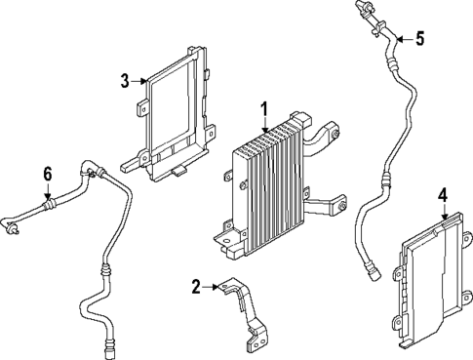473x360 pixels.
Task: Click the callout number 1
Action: pos(263,107)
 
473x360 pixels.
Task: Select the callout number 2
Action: pos(196,286)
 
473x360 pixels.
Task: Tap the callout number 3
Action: pos(125,80)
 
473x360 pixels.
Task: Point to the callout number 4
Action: pos(442,195)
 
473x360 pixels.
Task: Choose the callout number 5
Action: pos(419,39)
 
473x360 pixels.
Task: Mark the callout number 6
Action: pos(46,173)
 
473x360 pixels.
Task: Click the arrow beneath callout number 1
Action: pos(263,123)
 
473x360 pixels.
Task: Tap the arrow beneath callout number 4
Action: pos(442,213)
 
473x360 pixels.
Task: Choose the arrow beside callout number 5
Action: pos(403,39)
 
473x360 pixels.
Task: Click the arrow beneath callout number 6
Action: pos(46,190)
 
